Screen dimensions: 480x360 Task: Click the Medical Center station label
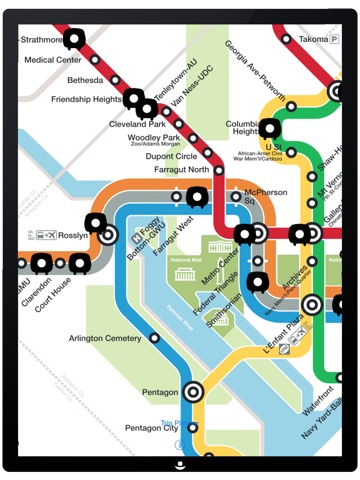[53, 60]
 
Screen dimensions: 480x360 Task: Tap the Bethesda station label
[85, 80]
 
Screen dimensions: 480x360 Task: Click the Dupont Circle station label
[172, 156]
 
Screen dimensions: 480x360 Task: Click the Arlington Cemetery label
[105, 338]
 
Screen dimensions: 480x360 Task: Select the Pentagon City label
[151, 428]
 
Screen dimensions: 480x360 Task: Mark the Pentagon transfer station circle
[193, 393]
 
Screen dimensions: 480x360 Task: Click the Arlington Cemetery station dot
[154, 338]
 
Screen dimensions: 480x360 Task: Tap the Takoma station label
[313, 39]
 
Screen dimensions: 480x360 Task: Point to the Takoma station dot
[287, 39]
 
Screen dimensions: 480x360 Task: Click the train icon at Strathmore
[73, 40]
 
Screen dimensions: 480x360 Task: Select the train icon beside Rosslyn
[96, 223]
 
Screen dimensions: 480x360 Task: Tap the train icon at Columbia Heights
[270, 128]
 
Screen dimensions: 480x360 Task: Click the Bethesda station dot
[115, 79]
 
